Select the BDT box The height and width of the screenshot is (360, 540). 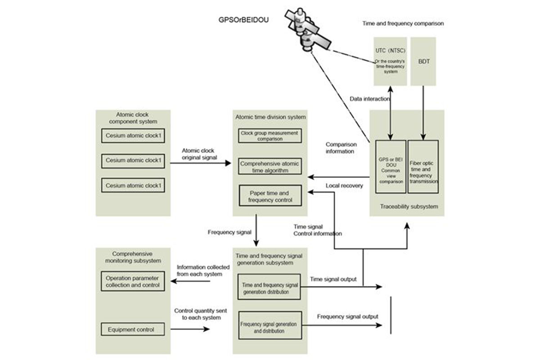click(423, 61)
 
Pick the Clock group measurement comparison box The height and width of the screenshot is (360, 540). click(270, 136)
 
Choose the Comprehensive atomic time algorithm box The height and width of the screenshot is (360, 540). click(270, 167)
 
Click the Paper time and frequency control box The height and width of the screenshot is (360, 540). click(270, 196)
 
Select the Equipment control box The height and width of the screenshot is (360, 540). click(130, 329)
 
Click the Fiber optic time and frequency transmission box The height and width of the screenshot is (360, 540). click(423, 167)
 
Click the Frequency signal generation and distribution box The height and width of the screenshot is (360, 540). click(269, 327)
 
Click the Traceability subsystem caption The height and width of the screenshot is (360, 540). click(407, 207)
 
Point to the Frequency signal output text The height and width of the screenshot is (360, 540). click(347, 316)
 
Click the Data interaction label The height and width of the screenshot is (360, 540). click(369, 99)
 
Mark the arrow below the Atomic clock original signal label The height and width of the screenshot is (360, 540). click(201, 163)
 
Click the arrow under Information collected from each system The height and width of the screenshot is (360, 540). click(193, 282)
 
